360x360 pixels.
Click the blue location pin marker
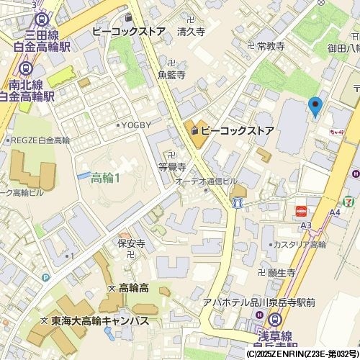[314, 106]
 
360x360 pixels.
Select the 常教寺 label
[271, 46]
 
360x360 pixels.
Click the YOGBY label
[136, 125]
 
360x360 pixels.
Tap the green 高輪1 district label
[105, 178]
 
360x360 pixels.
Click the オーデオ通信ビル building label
[206, 181]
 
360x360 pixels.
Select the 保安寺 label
[132, 243]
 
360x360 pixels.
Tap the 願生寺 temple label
[282, 273]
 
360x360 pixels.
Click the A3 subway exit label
[306, 225]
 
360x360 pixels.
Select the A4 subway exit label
[335, 212]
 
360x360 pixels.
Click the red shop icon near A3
[301, 211]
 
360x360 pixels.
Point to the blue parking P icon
[46, 277]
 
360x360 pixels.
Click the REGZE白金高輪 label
[39, 140]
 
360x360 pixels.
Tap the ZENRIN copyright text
[302, 355]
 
